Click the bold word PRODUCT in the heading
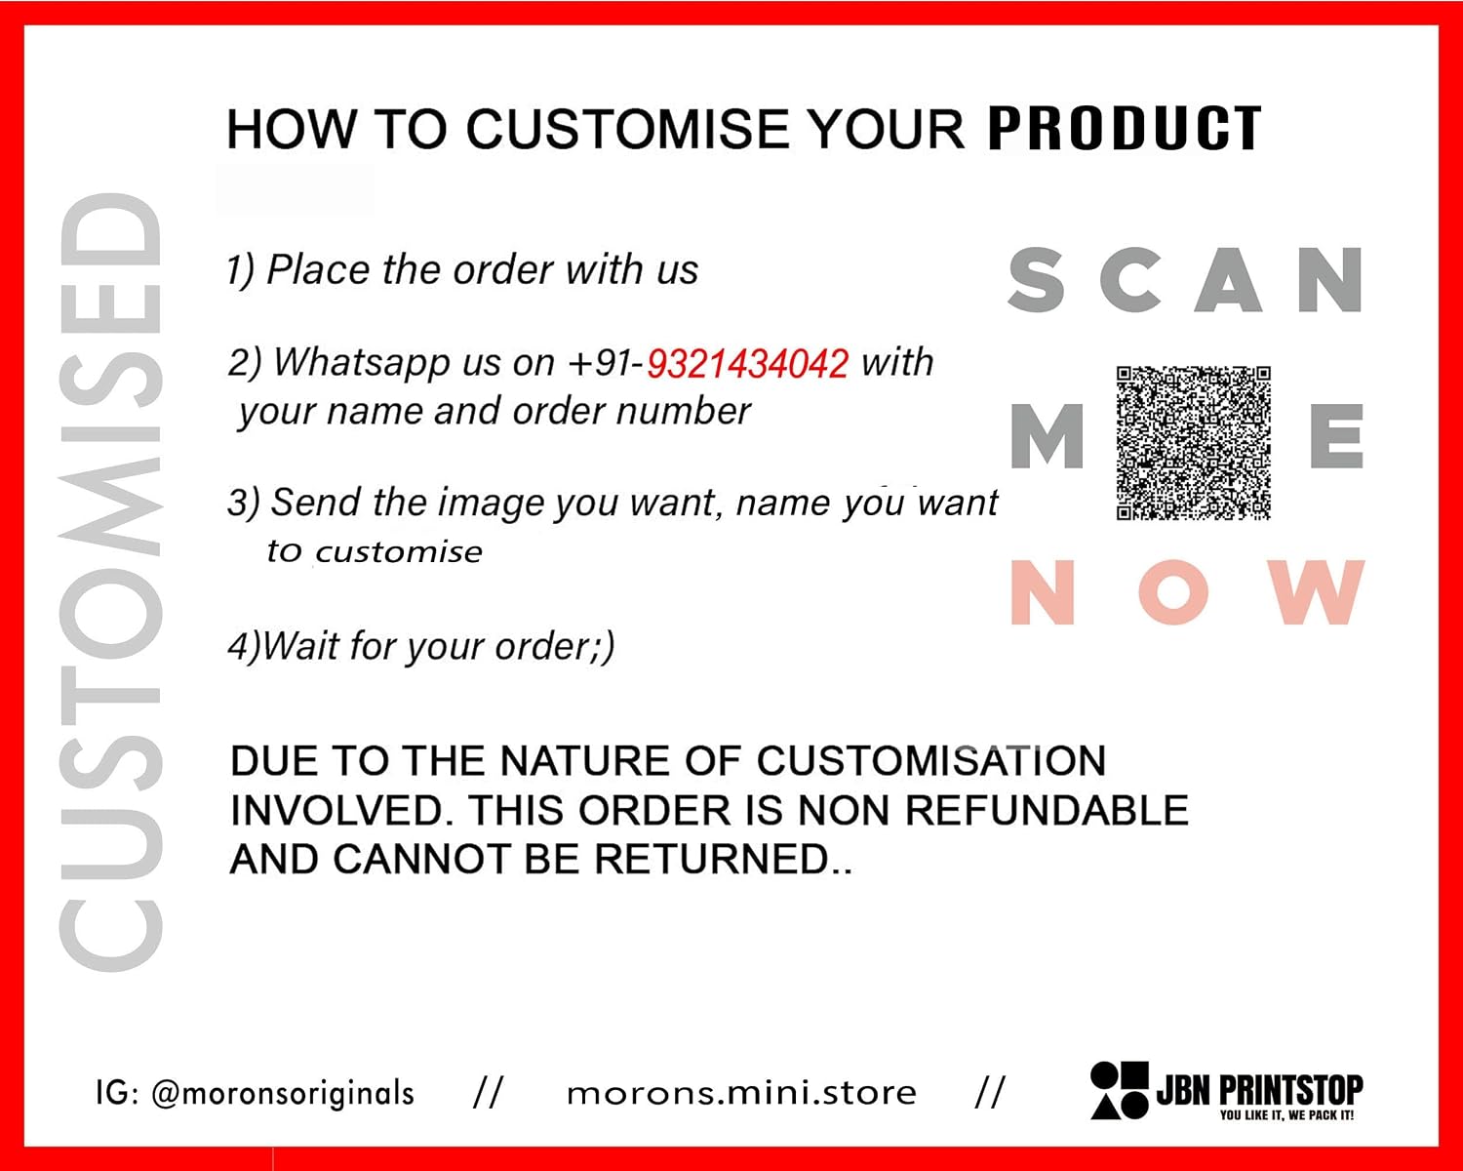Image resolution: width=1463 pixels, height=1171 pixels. coord(1125,128)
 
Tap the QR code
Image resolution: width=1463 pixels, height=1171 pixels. coord(1193,443)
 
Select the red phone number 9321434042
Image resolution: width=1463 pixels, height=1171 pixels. coord(747,363)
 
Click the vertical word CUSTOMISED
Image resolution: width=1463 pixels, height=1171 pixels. coord(111,583)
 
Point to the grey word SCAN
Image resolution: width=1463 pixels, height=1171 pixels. coord(1186,279)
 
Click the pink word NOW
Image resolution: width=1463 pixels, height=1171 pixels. coord(1188,592)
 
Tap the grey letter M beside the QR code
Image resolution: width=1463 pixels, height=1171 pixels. coord(1047,436)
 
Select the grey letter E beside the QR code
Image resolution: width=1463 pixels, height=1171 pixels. coord(1336,436)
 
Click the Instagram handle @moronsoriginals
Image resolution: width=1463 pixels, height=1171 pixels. coord(282,1094)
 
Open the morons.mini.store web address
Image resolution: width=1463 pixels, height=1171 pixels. coord(741,1094)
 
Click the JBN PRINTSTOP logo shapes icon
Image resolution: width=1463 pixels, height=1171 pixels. coord(1119,1090)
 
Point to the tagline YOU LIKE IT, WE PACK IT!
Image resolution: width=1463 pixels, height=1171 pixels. coord(1286,1115)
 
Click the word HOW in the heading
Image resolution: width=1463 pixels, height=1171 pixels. coord(292,129)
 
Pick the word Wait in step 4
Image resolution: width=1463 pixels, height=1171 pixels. coord(300,646)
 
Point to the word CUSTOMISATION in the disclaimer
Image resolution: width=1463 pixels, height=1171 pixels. coord(931,761)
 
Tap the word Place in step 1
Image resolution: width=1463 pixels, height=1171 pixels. coord(318,269)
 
